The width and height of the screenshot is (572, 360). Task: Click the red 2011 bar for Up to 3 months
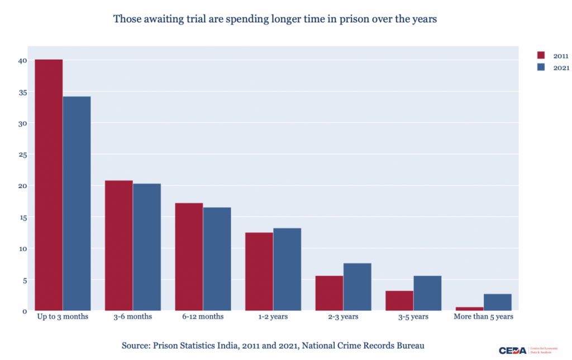pyautogui.click(x=49, y=184)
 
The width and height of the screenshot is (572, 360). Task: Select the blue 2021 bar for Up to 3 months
pyautogui.click(x=77, y=203)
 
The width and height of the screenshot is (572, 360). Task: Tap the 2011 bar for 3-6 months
pyautogui.click(x=119, y=245)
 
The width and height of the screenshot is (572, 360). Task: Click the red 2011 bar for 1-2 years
pyautogui.click(x=259, y=271)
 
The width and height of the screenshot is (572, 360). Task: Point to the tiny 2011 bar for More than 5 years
pyautogui.click(x=470, y=309)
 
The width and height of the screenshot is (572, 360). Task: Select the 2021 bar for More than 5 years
pyautogui.click(x=497, y=302)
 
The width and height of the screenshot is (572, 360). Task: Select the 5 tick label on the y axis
pyautogui.click(x=24, y=280)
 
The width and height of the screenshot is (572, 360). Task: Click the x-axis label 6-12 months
pyautogui.click(x=203, y=316)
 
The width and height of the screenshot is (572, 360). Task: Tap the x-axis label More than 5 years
pyautogui.click(x=483, y=316)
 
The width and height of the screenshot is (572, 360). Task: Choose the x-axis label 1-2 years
pyautogui.click(x=273, y=316)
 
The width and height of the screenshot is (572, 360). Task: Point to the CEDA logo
pyautogui.click(x=512, y=351)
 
